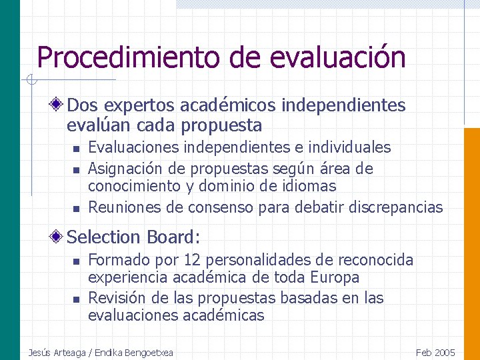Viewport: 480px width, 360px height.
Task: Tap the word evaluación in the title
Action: point(337,57)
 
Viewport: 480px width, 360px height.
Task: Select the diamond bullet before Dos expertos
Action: point(59,105)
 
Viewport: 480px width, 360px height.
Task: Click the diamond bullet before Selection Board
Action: point(59,237)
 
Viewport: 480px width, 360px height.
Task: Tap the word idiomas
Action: point(311,186)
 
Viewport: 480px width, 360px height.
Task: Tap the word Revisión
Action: point(113,297)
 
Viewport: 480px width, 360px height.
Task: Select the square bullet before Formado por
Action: point(77,261)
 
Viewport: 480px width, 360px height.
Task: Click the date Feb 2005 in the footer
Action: point(435,352)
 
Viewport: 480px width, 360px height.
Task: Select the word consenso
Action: point(220,207)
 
